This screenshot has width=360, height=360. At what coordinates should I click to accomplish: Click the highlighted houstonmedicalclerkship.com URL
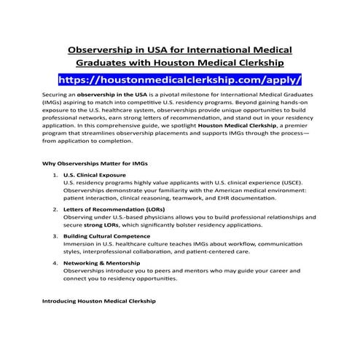coord(179,77)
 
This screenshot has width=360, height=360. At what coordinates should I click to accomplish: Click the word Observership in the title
coord(105,50)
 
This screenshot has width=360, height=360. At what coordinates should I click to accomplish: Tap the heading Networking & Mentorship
coord(101,262)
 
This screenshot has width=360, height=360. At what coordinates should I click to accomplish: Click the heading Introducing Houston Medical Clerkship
coord(98,300)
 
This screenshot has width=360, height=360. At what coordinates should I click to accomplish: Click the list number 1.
coord(55,176)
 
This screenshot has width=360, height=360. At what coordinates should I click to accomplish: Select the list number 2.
coord(55,209)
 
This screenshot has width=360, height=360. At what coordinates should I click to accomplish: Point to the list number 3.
coord(55,236)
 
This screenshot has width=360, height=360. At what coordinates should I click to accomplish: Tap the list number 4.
coord(55,262)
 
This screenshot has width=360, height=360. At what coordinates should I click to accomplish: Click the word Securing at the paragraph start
coord(56,95)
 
